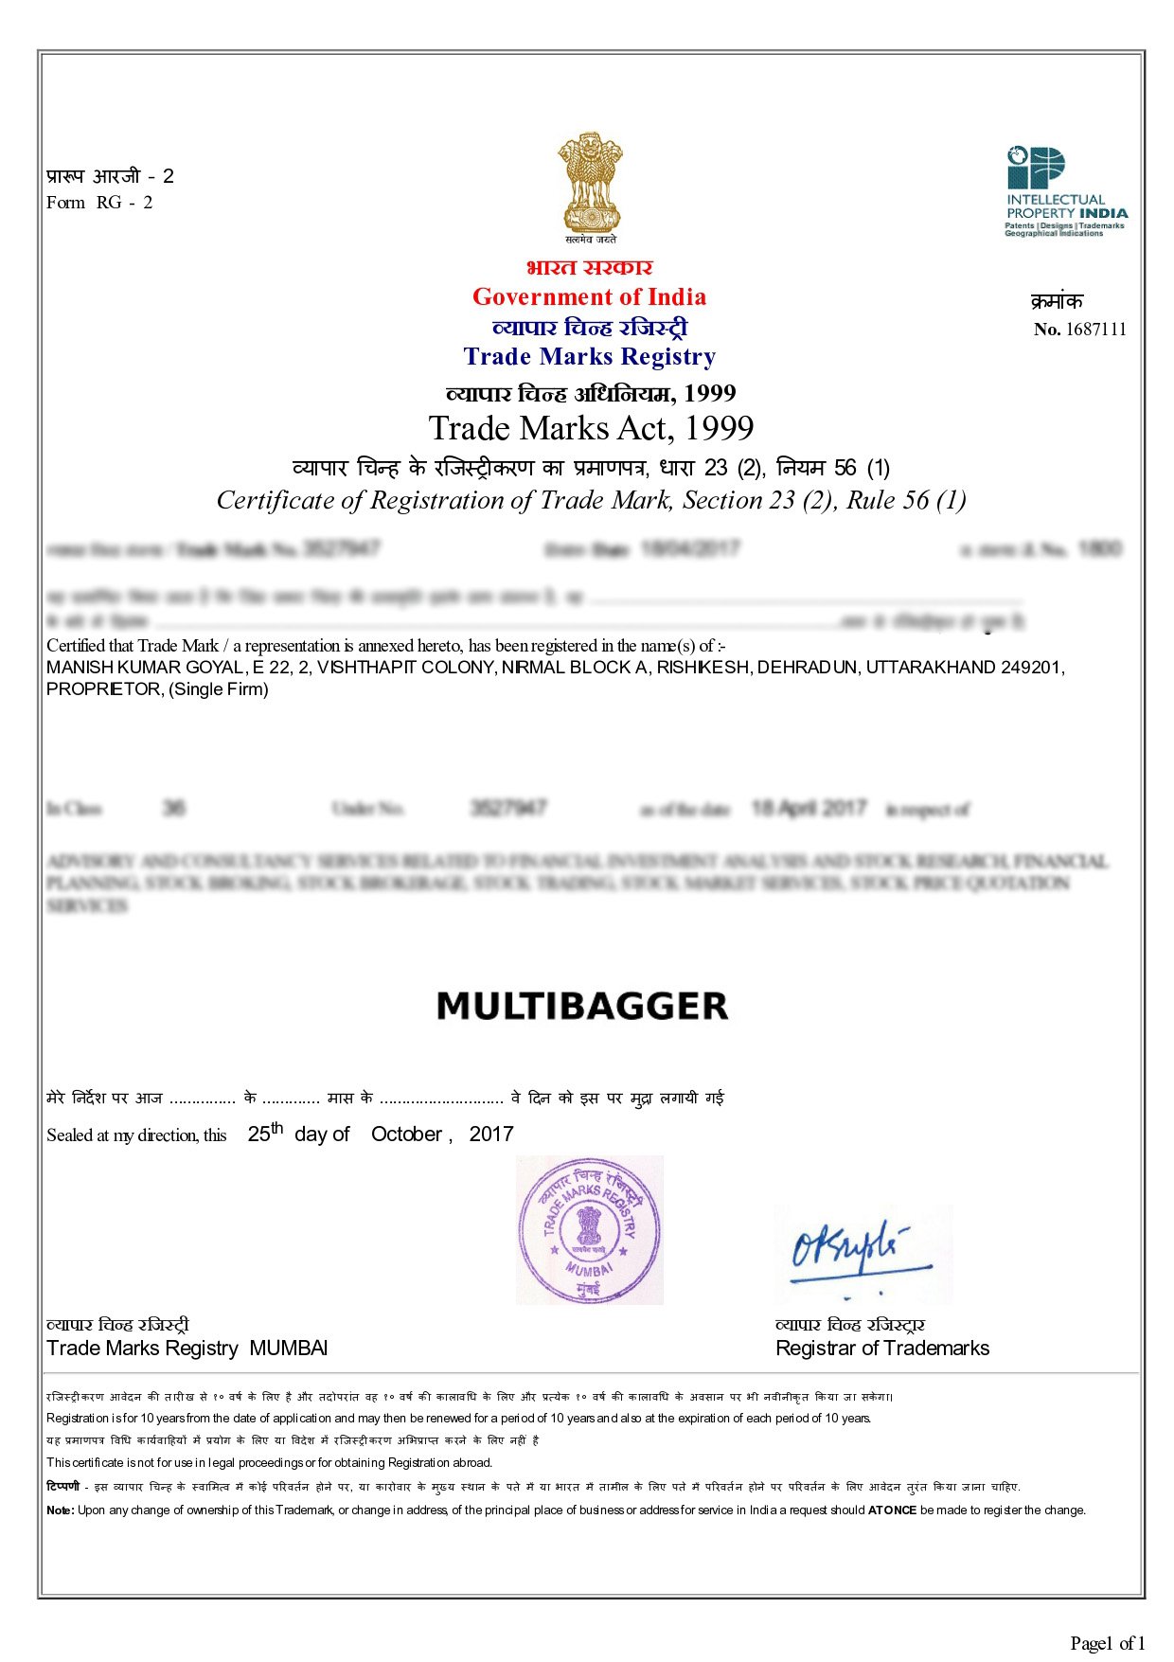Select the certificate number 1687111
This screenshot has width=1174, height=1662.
coord(1095,330)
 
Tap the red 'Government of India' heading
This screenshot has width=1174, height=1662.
coord(589,297)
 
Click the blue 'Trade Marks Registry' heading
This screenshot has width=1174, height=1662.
coord(589,357)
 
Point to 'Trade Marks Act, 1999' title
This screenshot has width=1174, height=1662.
coord(591,428)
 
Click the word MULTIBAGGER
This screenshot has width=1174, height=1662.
coord(582,1006)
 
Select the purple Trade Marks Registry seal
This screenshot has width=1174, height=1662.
coord(589,1229)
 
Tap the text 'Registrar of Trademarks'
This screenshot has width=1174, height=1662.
coord(881,1349)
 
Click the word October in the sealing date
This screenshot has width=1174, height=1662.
coord(407,1135)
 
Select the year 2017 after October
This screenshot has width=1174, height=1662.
coord(490,1135)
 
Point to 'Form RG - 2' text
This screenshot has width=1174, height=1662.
coord(99,203)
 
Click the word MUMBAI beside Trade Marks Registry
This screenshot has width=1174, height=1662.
coord(288,1349)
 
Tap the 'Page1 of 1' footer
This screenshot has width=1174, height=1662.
coord(1107,1643)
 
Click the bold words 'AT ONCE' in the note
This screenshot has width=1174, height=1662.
coord(892,1510)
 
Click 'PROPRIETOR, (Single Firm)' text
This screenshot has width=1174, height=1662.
coord(157,689)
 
